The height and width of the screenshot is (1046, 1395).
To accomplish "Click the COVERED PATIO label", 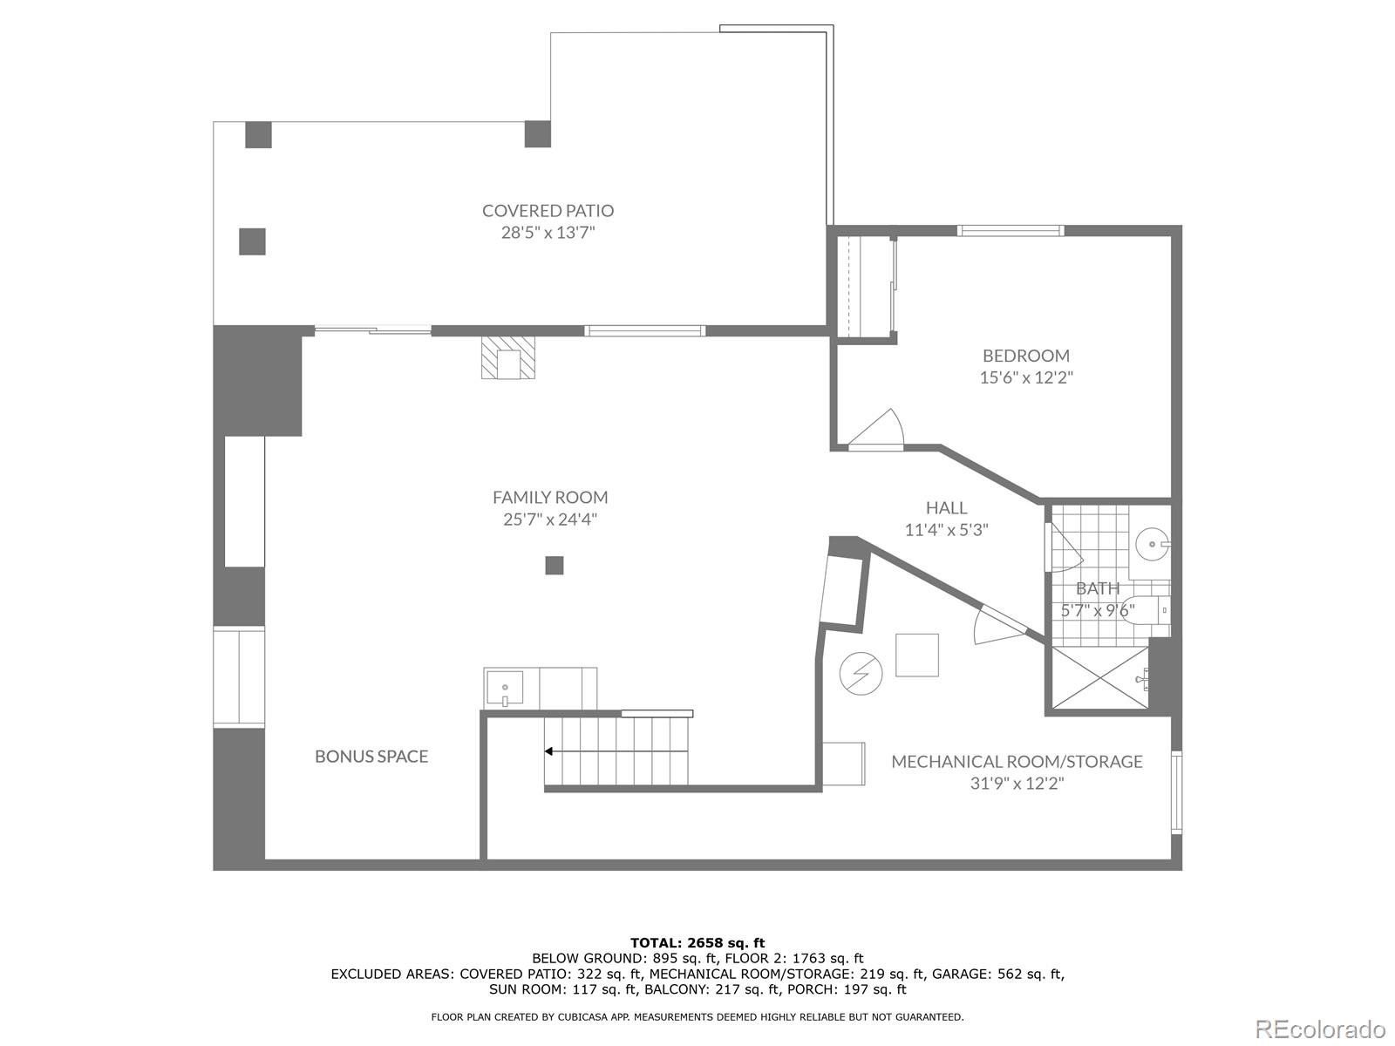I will pos(548,210).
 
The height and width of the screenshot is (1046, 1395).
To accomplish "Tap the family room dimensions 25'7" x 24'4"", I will pos(549,520).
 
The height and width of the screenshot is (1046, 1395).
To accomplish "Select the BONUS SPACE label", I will pos(371,757).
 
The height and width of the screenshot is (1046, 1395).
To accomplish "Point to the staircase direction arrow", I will pos(550,751).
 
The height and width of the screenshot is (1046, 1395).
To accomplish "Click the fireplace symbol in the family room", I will pos(507,359).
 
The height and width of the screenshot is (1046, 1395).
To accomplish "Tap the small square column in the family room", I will pos(555,566).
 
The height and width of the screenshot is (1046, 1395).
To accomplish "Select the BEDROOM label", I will pos(1025,356).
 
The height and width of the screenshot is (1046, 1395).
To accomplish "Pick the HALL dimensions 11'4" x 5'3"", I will pos(946,530).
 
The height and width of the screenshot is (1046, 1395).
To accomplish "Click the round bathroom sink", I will pos(1153,545).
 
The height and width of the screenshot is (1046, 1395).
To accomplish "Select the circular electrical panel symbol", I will pos(861,673).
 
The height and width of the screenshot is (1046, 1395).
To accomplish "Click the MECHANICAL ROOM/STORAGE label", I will pos(1017,762).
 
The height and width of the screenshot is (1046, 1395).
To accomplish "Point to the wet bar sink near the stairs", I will pos(505,689).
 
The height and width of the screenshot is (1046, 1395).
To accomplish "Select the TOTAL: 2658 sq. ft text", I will pos(697,942).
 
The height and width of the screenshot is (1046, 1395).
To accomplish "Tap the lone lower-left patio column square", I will pos(252,241).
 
